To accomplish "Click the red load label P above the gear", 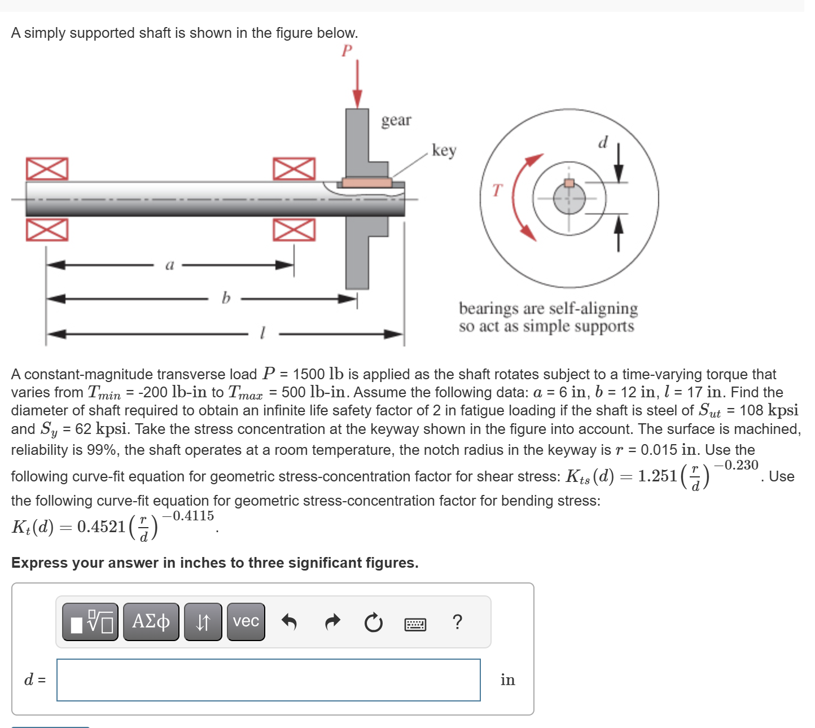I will click(347, 51).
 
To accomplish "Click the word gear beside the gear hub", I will click(396, 120).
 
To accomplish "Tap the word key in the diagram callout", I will click(444, 150).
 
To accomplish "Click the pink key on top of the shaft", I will click(367, 182).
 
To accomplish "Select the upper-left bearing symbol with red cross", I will click(47, 169).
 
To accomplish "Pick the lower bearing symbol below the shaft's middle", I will click(294, 230).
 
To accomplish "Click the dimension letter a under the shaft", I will click(169, 265).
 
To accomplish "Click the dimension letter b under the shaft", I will click(226, 297).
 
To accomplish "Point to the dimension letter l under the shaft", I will click(262, 333).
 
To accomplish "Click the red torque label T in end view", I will click(497, 191).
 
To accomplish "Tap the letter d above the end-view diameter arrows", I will click(603, 142).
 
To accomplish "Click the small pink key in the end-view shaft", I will click(569, 183).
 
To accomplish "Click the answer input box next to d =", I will click(269, 680).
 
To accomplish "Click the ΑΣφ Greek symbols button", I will click(151, 622).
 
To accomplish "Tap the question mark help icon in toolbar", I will click(457, 622).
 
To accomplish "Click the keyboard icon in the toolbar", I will click(415, 624).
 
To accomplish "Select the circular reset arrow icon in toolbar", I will click(373, 623).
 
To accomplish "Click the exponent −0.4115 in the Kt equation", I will click(188, 516).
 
